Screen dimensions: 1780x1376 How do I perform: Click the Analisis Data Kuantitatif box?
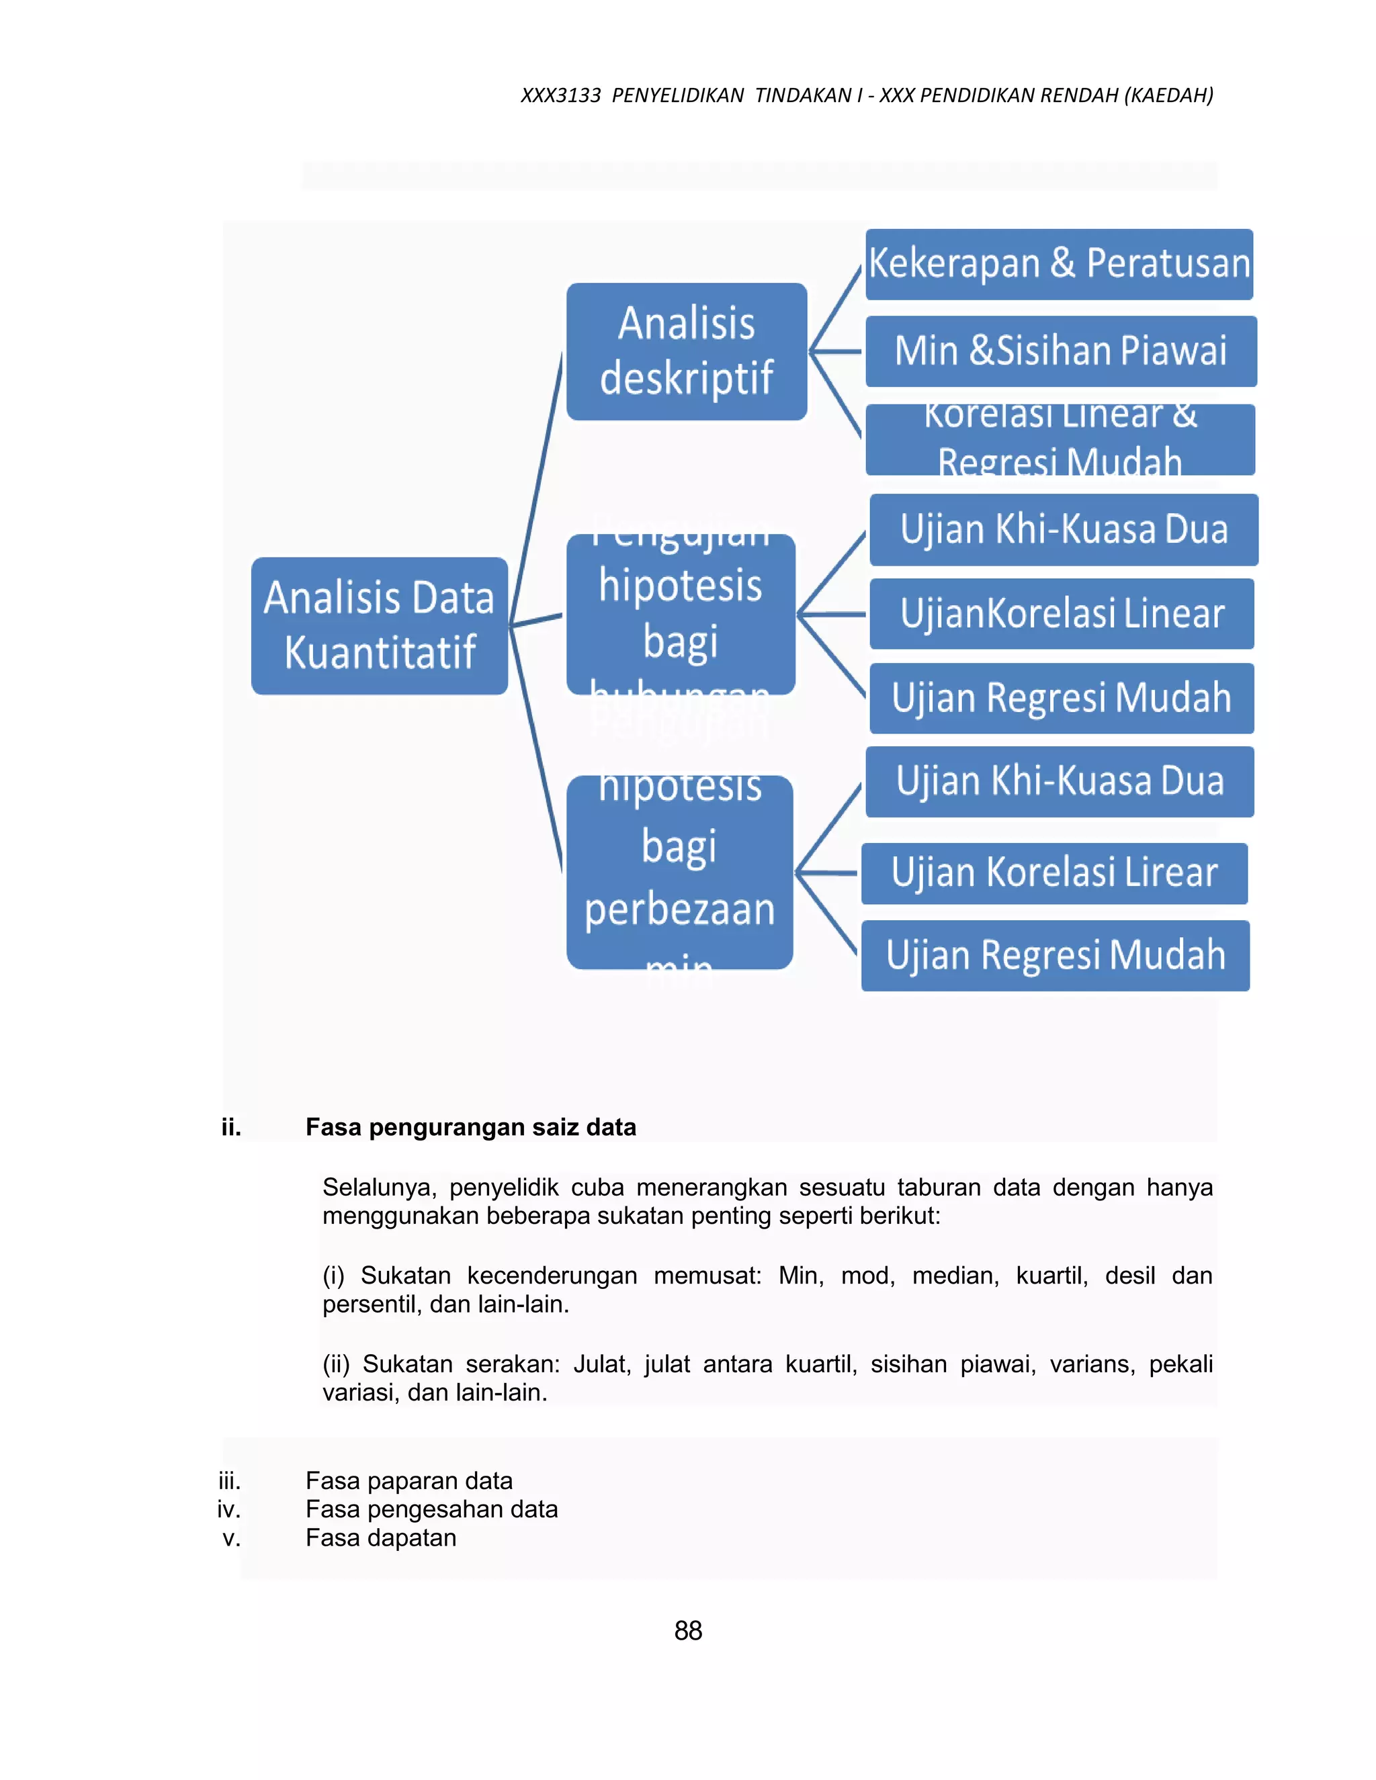tap(379, 625)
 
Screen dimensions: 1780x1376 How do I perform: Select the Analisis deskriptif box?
tap(687, 351)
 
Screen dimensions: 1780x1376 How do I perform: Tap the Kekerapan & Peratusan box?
tap(1059, 264)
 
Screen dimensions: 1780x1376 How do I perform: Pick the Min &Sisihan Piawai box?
tap(1060, 351)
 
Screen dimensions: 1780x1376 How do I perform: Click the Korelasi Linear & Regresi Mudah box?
tap(1060, 439)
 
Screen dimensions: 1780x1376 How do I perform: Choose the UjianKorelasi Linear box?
tap(1062, 614)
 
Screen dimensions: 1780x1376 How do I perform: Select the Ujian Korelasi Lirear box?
tap(1054, 873)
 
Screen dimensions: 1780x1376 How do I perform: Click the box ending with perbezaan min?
tap(680, 872)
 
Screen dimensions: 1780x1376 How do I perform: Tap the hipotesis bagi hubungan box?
tap(681, 614)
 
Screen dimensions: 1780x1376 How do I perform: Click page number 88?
tap(688, 1630)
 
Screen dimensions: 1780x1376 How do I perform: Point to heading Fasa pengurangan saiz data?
tap(470, 1127)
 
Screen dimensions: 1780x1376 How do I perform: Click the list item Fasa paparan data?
tap(408, 1480)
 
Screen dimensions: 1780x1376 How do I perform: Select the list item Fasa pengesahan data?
tap(431, 1509)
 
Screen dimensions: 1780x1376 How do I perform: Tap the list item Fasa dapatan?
tap(381, 1537)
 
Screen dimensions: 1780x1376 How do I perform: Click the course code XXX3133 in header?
tap(560, 95)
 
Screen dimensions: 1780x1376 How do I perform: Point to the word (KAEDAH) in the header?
tap(1168, 95)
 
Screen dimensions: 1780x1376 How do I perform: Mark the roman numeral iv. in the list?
tap(229, 1509)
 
